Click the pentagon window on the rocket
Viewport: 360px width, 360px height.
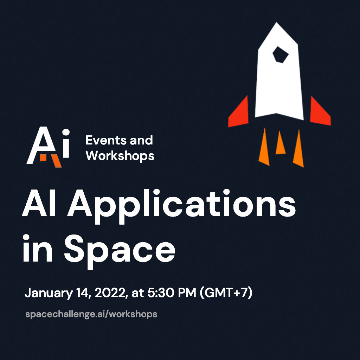tap(280, 55)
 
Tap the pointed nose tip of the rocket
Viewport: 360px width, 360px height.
tap(276, 22)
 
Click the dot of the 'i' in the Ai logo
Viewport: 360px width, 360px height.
tap(66, 132)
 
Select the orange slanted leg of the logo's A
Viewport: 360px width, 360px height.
tap(56, 161)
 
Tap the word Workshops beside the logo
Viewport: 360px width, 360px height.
tap(120, 156)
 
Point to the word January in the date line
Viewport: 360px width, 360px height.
tap(49, 293)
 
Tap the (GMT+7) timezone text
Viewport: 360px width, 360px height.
tap(226, 293)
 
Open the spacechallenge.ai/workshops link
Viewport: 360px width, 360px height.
tap(91, 314)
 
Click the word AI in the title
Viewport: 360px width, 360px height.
tap(39, 203)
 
